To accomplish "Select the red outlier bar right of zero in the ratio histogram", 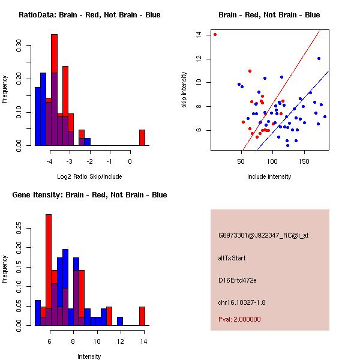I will pyautogui.click(x=142, y=137).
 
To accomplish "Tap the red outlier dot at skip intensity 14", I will pyautogui.click(x=215, y=34).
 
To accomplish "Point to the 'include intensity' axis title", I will pyautogui.click(x=269, y=176).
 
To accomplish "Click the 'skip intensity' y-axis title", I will pyautogui.click(x=185, y=90).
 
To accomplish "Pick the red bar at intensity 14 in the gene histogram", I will pyautogui.click(x=142, y=316).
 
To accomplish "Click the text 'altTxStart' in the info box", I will pyautogui.click(x=232, y=258).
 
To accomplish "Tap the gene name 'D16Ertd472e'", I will pyautogui.click(x=238, y=280).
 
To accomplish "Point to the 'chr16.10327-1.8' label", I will pyautogui.click(x=242, y=301).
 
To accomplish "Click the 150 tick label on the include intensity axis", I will pyautogui.click(x=304, y=161).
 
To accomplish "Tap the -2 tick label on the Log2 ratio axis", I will pyautogui.click(x=89, y=161).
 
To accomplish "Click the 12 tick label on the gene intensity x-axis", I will pyautogui.click(x=120, y=341).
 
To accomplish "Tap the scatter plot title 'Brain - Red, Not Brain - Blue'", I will pyautogui.click(x=269, y=14).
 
